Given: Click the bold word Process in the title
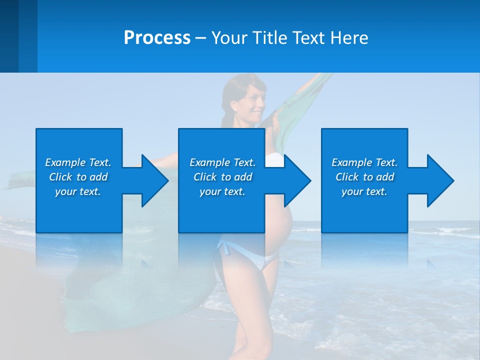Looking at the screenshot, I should pyautogui.click(x=157, y=38).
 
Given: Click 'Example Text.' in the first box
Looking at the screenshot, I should pyautogui.click(x=78, y=162).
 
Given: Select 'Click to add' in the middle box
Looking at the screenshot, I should pyautogui.click(x=222, y=177).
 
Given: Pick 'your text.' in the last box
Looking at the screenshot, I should pyautogui.click(x=364, y=191).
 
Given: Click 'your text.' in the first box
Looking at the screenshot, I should pyautogui.click(x=78, y=191).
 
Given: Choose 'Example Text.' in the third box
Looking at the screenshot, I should pyautogui.click(x=364, y=162).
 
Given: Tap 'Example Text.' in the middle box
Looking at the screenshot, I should pyautogui.click(x=222, y=162).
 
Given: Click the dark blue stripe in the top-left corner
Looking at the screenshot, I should pyautogui.click(x=9, y=36).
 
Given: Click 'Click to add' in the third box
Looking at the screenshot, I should pyautogui.click(x=364, y=177).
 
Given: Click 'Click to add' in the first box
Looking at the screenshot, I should pyautogui.click(x=78, y=177).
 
